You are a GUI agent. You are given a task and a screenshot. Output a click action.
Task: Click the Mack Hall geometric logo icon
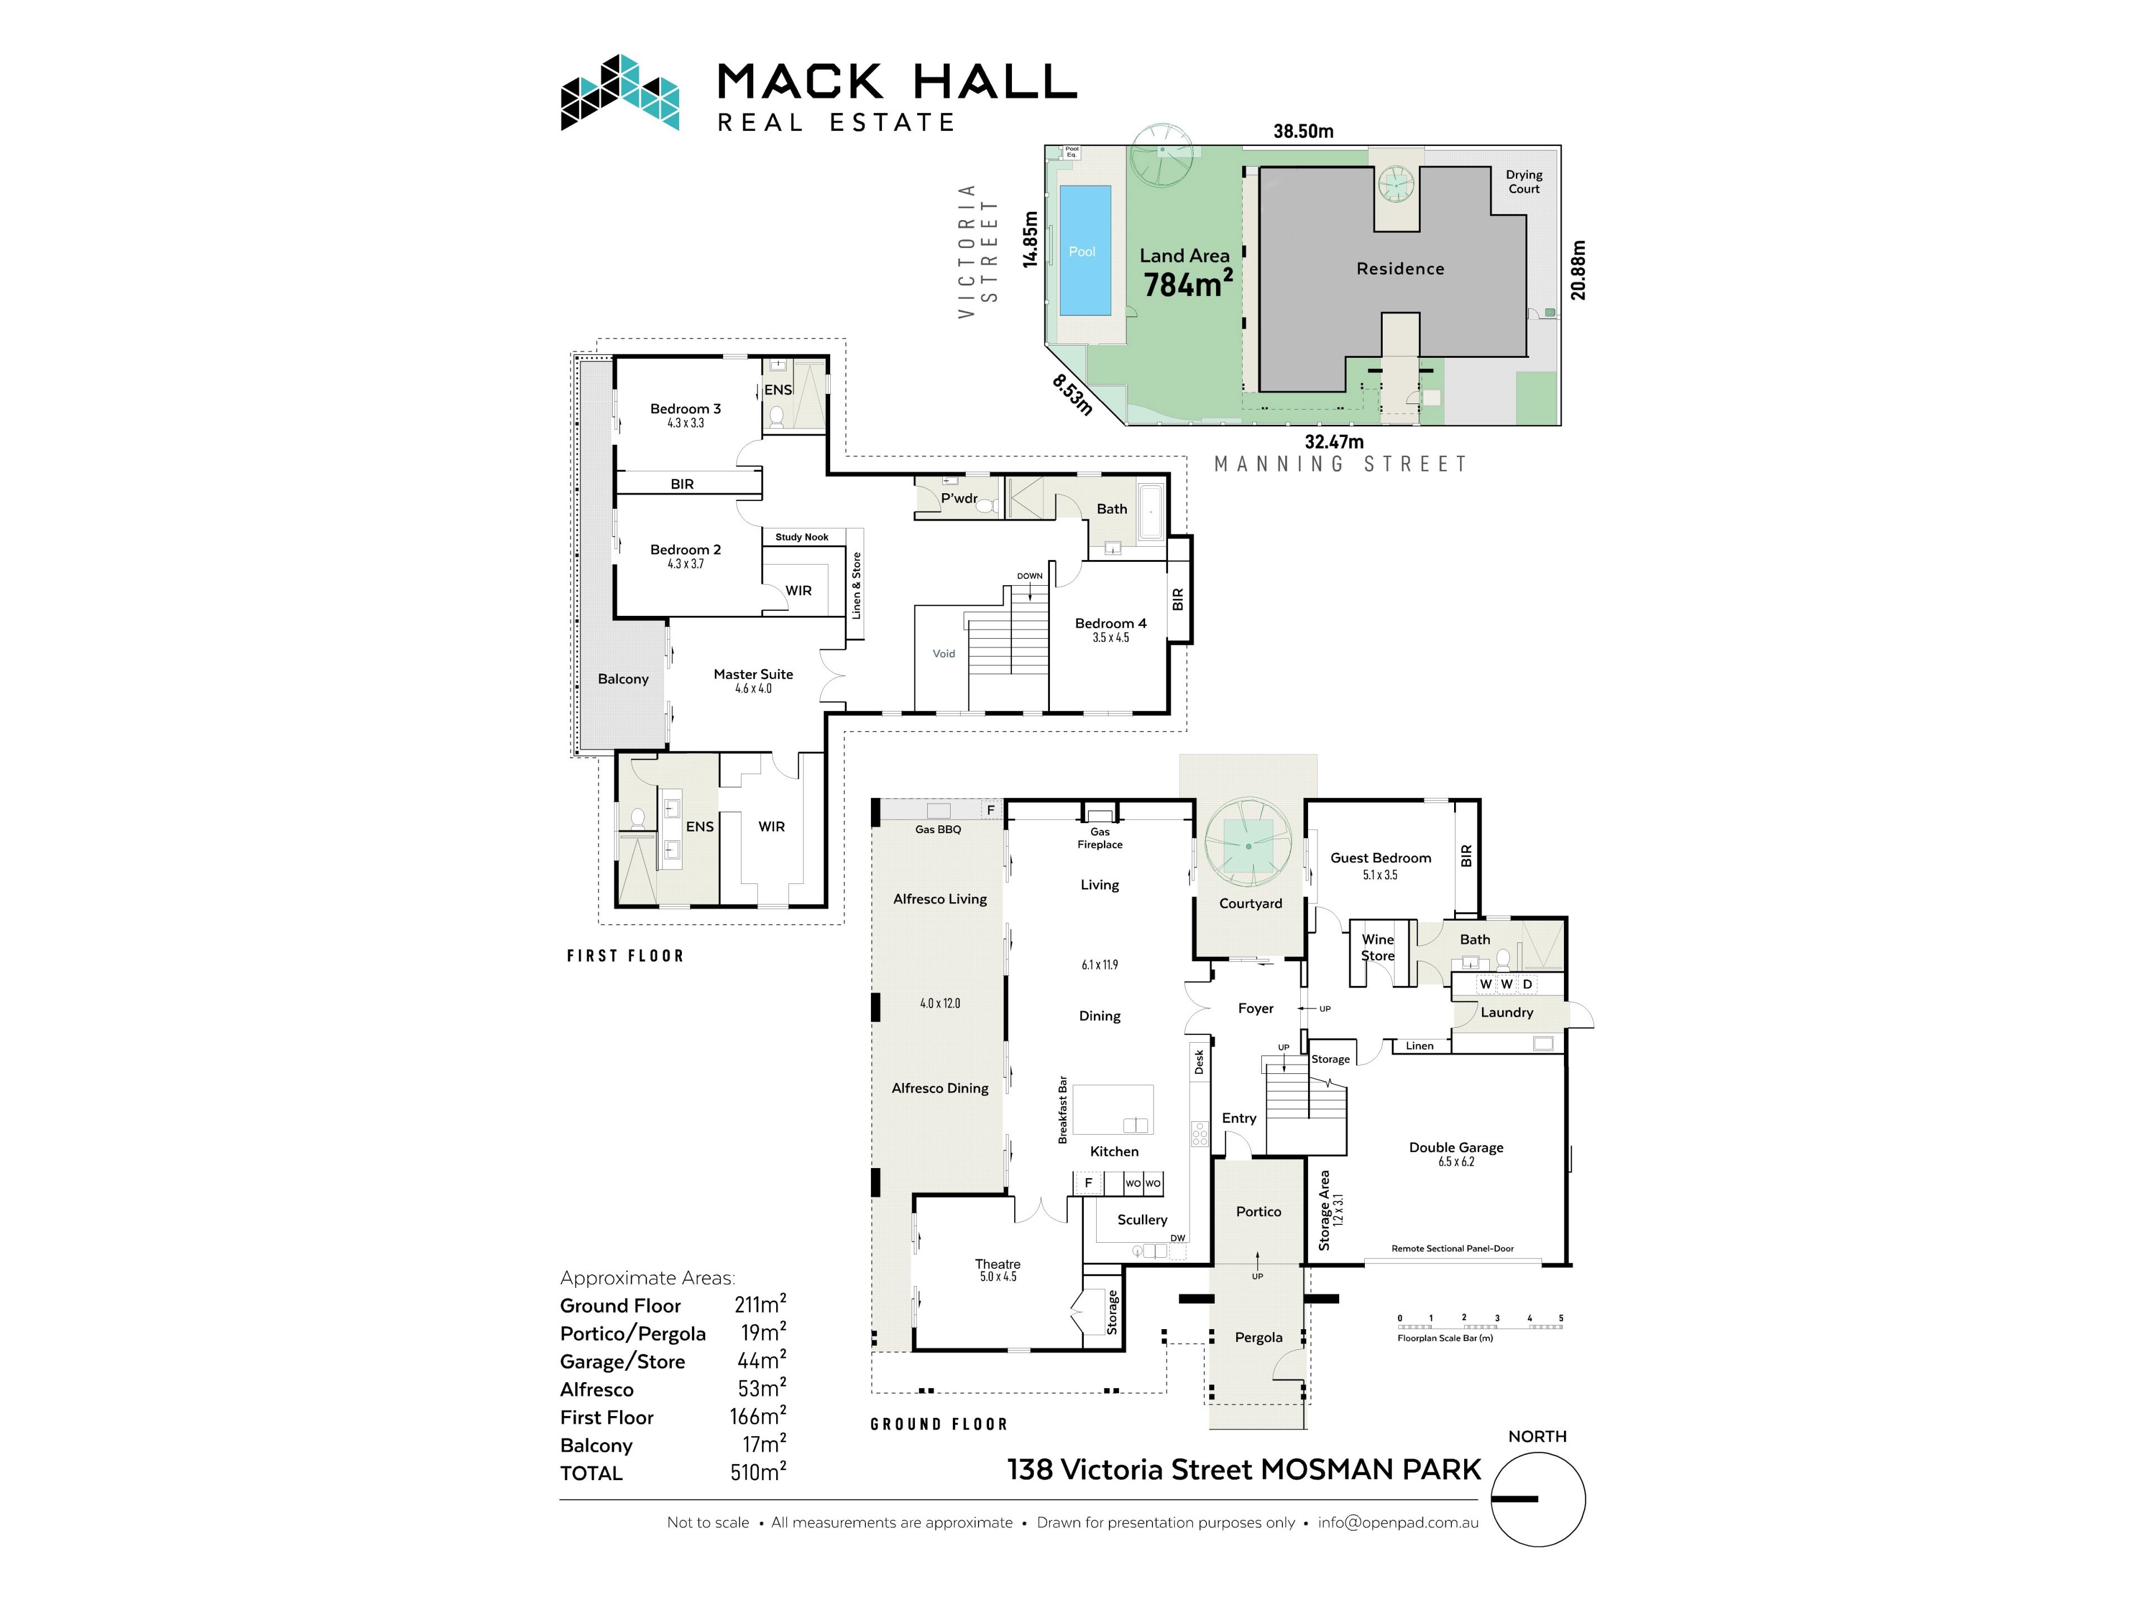click(x=619, y=93)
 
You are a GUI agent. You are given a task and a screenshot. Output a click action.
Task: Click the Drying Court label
click(x=1523, y=182)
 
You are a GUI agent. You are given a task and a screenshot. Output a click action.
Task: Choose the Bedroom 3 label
click(x=685, y=409)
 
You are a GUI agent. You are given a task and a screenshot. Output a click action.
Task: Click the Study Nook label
click(x=801, y=537)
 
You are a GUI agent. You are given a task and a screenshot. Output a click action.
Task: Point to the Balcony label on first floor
click(x=622, y=679)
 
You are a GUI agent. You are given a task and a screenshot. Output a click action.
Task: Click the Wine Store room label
click(x=1377, y=947)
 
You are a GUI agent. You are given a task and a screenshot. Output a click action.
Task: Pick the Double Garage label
click(x=1456, y=1147)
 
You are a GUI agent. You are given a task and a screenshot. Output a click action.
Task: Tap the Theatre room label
click(x=997, y=1264)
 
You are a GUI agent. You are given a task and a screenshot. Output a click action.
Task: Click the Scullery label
click(x=1142, y=1220)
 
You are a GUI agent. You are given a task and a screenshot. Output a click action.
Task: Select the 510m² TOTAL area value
click(x=758, y=1472)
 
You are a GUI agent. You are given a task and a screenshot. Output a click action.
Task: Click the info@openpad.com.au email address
click(x=1398, y=1522)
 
